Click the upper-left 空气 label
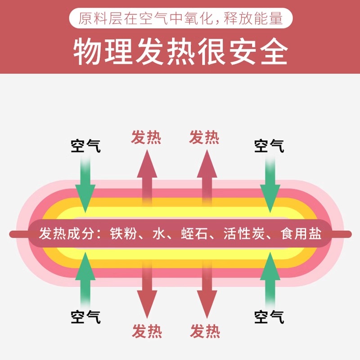pos(85,146)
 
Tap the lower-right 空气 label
pos(269,317)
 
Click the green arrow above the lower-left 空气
pos(85,279)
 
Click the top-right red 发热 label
pos(204,137)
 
